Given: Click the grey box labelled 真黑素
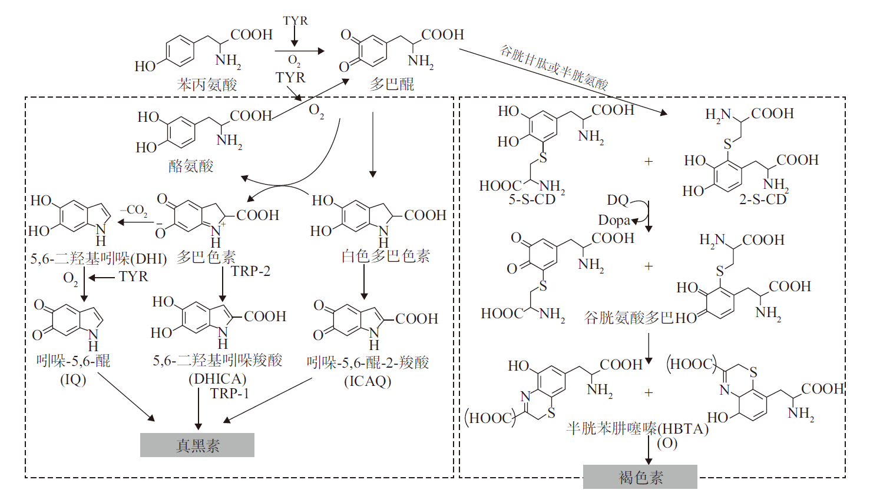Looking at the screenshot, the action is coord(197,445).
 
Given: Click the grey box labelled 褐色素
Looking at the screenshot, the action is coord(640,477).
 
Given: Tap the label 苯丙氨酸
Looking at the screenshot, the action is coord(207,84).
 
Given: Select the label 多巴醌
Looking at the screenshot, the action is coord(392,84).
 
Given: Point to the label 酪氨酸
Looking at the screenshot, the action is coord(191,166).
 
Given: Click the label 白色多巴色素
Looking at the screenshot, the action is coord(386,256).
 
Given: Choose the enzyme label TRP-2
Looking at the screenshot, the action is coord(250,271).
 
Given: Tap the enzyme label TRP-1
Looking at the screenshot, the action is coord(229,394).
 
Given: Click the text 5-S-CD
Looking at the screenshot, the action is coord(532,200).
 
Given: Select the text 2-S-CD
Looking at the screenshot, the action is coord(762,200).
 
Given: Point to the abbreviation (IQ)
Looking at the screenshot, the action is coord(73,379).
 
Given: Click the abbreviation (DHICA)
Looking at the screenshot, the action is coord(217,379).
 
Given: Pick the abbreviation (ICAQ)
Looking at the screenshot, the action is coord(368,381).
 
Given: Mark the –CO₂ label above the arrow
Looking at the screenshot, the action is coord(134,211).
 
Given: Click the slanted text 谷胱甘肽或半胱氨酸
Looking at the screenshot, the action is coord(554,67).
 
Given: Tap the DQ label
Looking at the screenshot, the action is coord(617,200).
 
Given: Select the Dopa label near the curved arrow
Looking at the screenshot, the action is coord(614,220).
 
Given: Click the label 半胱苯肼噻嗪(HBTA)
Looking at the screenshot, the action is coord(637,429).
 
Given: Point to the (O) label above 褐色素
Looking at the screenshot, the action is coord(667,443).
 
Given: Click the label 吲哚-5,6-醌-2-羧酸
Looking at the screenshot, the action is coord(368,362).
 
